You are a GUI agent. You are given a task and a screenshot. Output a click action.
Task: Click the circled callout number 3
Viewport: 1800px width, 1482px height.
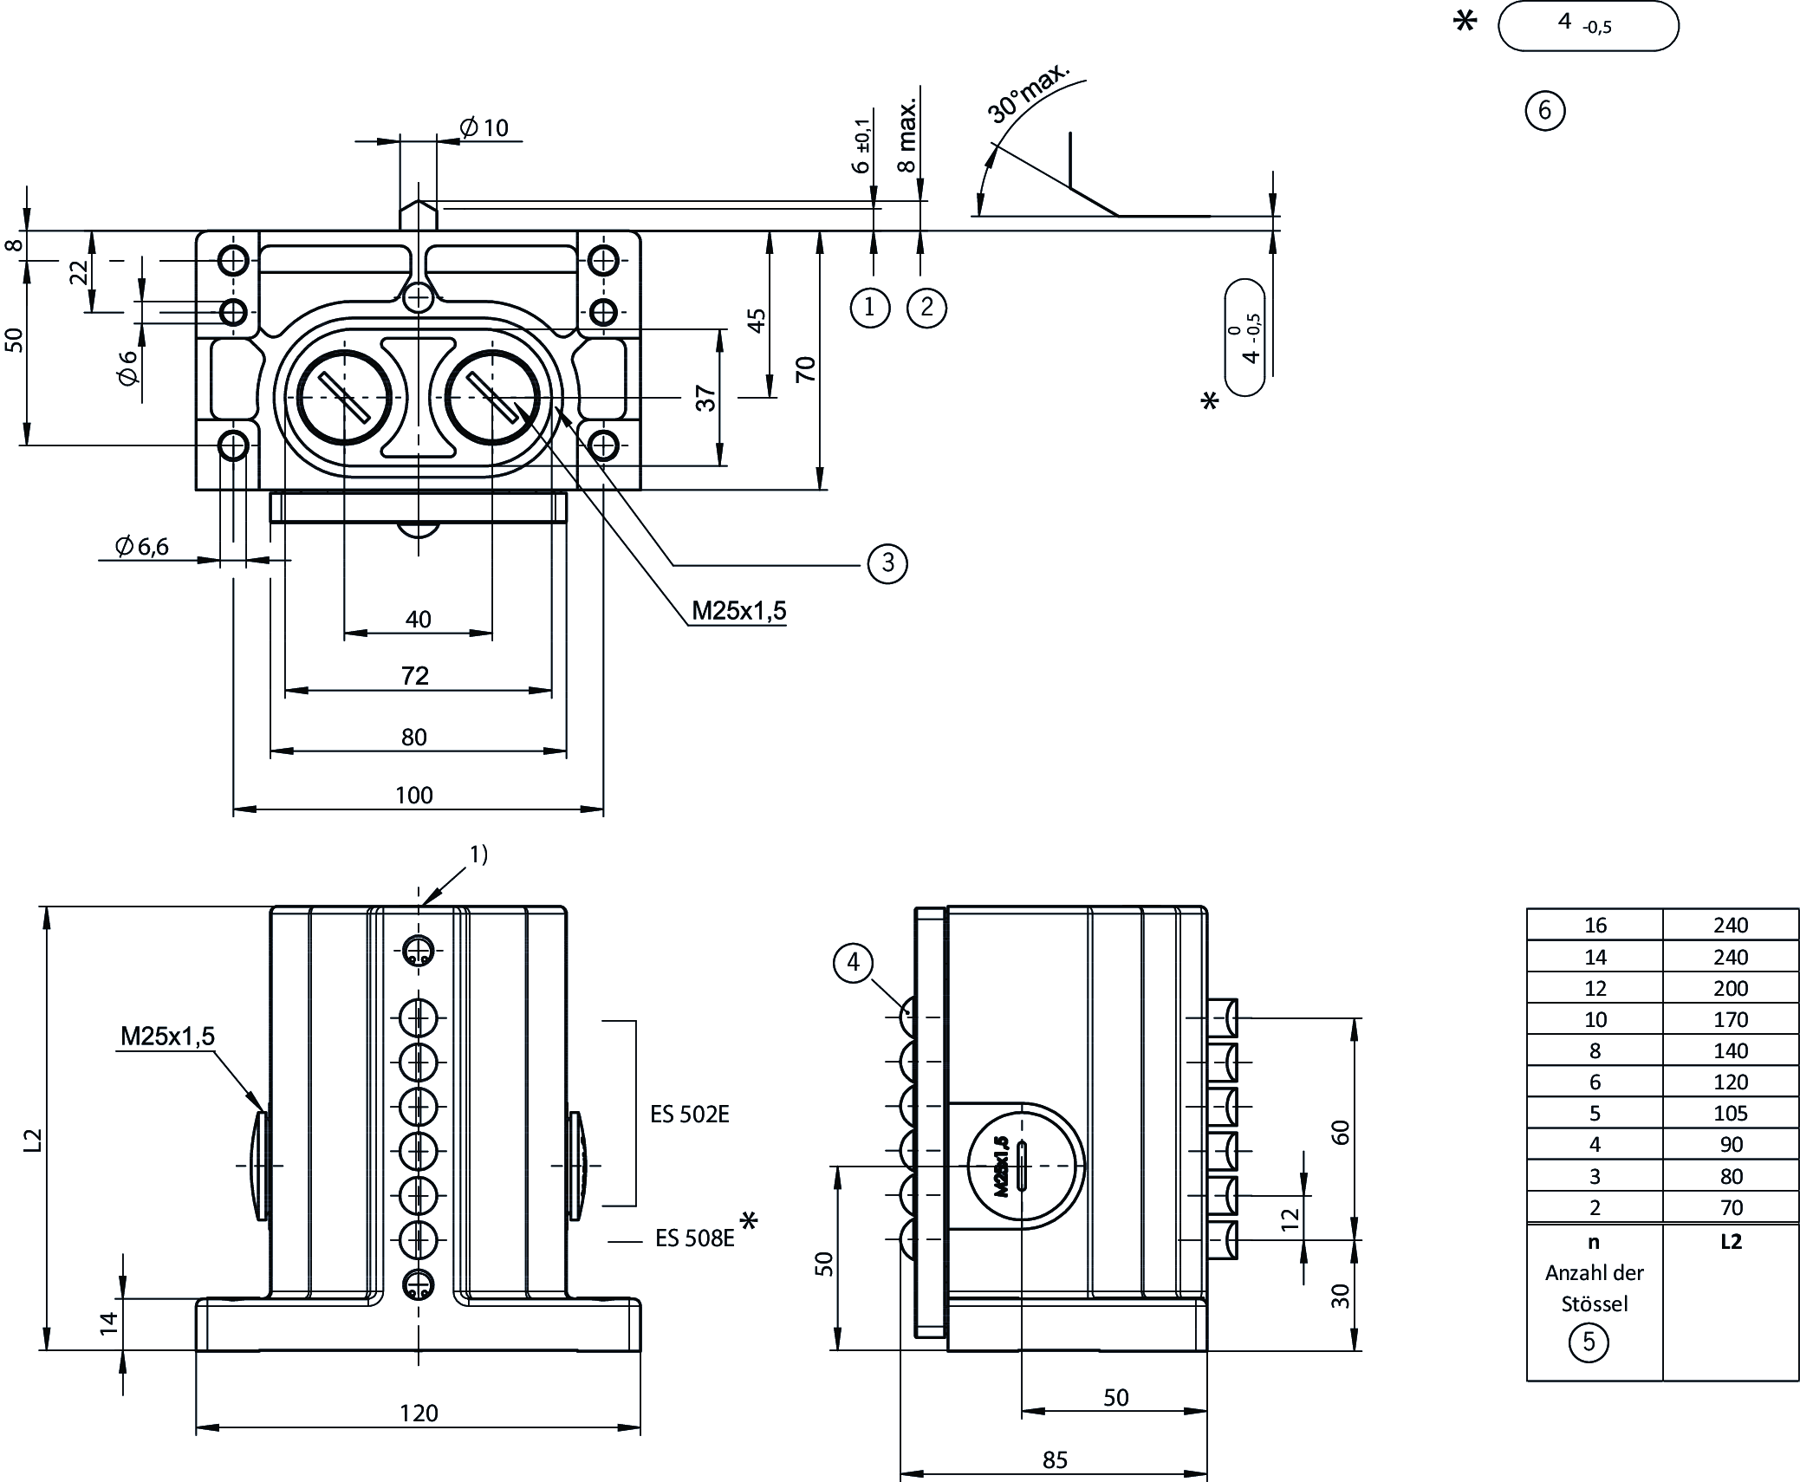click(x=887, y=563)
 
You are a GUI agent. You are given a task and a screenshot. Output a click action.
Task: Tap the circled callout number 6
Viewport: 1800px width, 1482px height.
click(x=1544, y=111)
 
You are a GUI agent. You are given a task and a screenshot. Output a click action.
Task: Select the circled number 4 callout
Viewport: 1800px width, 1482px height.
click(x=854, y=963)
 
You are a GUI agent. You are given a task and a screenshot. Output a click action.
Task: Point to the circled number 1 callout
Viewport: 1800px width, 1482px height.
click(x=870, y=308)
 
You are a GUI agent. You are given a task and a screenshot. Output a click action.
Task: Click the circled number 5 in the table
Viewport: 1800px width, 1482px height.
click(x=1589, y=1342)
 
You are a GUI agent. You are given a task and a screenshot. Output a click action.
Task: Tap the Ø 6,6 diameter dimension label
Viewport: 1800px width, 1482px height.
click(x=141, y=546)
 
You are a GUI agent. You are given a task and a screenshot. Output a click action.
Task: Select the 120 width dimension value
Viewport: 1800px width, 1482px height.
click(x=419, y=1414)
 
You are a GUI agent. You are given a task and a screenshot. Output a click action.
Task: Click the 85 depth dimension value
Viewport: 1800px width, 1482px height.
click(x=1055, y=1460)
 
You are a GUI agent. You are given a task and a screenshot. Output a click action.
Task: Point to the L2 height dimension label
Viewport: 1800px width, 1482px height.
click(x=32, y=1141)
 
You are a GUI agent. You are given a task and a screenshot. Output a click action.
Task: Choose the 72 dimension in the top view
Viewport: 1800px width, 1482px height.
click(x=415, y=676)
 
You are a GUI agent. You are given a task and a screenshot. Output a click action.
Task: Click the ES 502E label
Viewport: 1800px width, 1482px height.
click(x=690, y=1115)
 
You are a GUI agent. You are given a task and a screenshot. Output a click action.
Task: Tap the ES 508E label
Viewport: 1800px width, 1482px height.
click(x=694, y=1238)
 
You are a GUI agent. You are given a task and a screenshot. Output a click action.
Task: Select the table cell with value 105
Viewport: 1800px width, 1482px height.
click(x=1731, y=1114)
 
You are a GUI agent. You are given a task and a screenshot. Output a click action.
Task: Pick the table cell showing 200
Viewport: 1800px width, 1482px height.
click(x=1731, y=989)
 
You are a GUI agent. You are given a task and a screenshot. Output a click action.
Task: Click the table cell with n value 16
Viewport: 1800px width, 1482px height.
click(x=1595, y=926)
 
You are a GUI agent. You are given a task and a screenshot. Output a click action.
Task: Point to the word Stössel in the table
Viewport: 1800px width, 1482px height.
click(x=1594, y=1304)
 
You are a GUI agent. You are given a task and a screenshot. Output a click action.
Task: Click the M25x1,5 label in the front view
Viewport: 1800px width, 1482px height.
click(x=167, y=1037)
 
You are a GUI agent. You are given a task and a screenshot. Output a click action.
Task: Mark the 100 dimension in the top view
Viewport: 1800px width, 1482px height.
click(x=414, y=796)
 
